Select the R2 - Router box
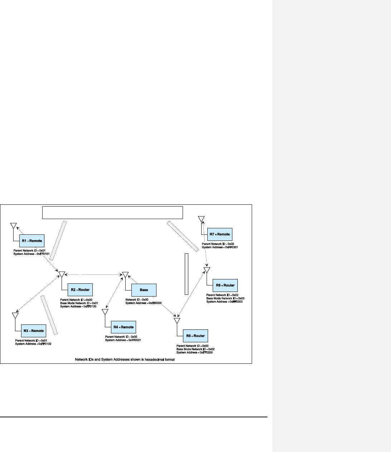(80, 289)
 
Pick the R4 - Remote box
(123, 327)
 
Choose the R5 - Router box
(195, 336)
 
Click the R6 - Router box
(225, 285)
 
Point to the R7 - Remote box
(219, 234)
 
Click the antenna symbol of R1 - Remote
(13, 226)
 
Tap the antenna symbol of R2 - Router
(61, 274)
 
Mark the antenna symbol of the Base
(125, 274)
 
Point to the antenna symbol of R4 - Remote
(105, 312)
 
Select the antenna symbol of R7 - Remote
(201, 219)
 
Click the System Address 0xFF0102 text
(35, 344)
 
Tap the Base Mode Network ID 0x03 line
(225, 298)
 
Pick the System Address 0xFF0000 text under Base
(144, 303)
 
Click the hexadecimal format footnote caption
(125, 359)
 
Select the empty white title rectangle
(113, 212)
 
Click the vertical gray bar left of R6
(187, 274)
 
